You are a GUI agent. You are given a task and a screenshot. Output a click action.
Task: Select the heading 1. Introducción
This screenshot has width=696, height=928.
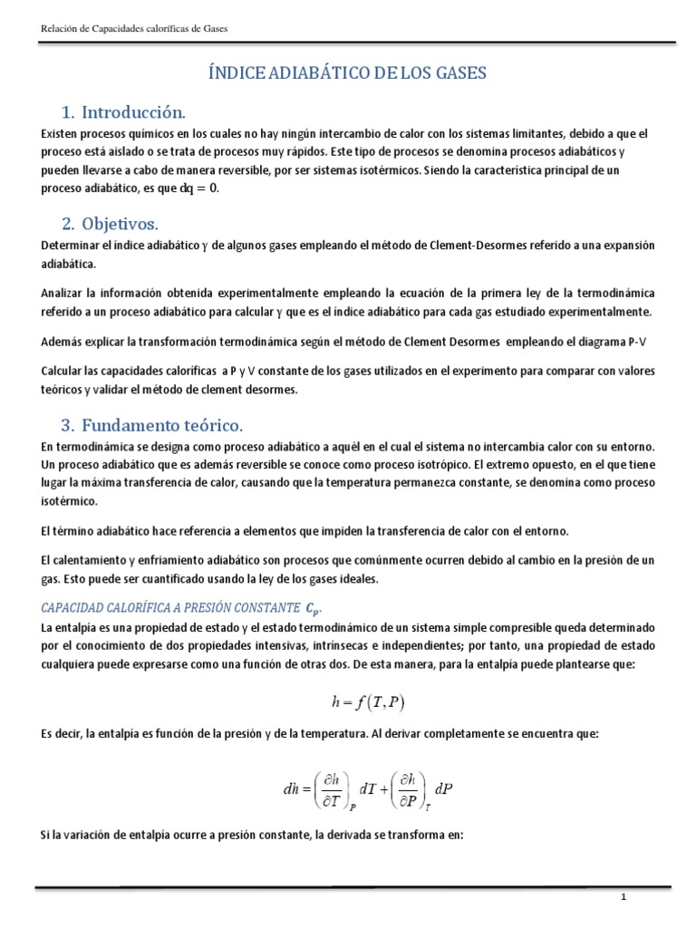pos(123,113)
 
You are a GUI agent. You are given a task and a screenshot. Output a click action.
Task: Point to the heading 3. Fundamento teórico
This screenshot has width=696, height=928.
pos(152,425)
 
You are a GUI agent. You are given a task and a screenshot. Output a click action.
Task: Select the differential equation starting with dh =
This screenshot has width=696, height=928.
pos(366,788)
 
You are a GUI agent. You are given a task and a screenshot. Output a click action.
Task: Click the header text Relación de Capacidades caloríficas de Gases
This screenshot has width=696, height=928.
pos(135,29)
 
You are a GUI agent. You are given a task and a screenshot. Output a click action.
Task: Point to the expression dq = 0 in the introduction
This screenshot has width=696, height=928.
pos(198,188)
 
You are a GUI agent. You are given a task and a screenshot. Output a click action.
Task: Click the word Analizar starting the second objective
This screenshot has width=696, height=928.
pos(64,294)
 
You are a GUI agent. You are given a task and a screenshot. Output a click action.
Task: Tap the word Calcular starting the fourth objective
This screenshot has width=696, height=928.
pos(64,372)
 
